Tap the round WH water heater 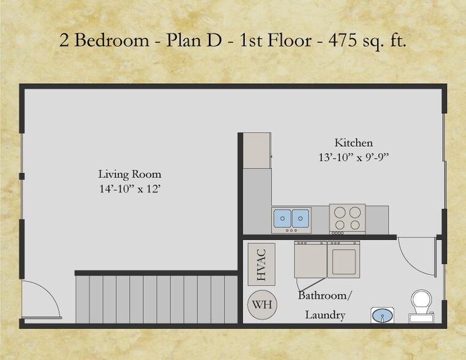pyautogui.click(x=261, y=304)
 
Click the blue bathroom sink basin pyautogui.click(x=383, y=316)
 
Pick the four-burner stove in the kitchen pyautogui.click(x=347, y=218)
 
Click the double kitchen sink pyautogui.click(x=291, y=219)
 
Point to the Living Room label pyautogui.click(x=129, y=174)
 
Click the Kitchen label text pyautogui.click(x=353, y=143)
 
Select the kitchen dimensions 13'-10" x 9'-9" pyautogui.click(x=353, y=157)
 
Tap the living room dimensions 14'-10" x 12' pyautogui.click(x=129, y=189)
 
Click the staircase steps pyautogui.click(x=156, y=299)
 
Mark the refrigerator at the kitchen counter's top pyautogui.click(x=257, y=150)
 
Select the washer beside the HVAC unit pyautogui.click(x=310, y=260)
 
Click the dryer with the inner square pyautogui.click(x=344, y=260)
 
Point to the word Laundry pyautogui.click(x=325, y=315)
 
